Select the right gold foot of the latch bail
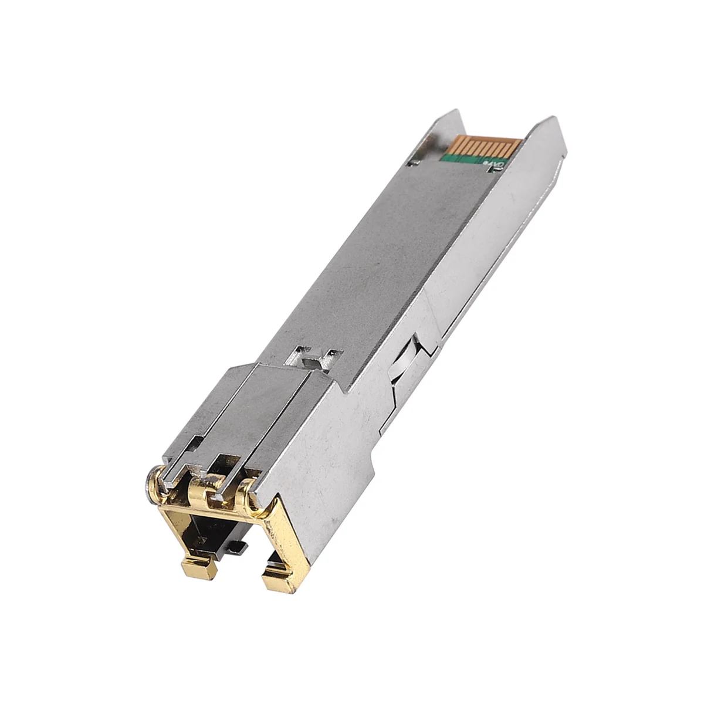coord(274,581)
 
